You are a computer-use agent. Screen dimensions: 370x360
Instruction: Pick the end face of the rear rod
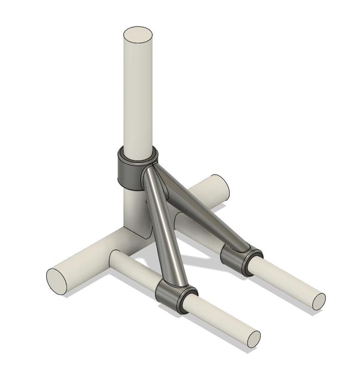coord(319,301)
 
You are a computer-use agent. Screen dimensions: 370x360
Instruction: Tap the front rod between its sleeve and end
coord(222,319)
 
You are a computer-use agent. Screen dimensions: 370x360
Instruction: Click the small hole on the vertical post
coord(146,202)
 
